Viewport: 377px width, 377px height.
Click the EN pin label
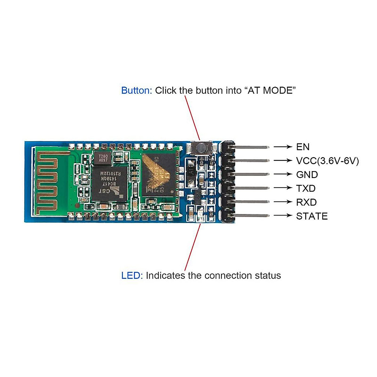click(x=303, y=147)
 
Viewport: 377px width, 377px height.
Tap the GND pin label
click(x=307, y=175)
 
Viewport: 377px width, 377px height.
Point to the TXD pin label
click(x=306, y=188)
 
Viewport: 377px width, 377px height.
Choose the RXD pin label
click(x=306, y=202)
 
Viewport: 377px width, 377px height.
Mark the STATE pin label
click(x=312, y=216)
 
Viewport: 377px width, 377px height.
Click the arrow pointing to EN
click(x=282, y=147)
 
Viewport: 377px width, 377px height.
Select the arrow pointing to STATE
click(x=282, y=216)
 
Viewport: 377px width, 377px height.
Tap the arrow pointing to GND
click(x=282, y=174)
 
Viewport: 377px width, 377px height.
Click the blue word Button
click(x=136, y=90)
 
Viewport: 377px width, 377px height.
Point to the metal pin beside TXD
click(x=251, y=188)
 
